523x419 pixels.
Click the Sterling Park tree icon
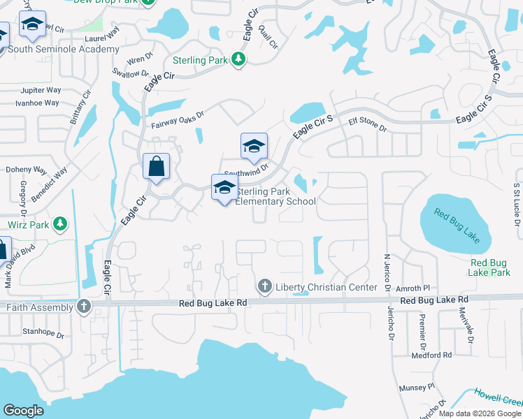pyautogui.click(x=239, y=59)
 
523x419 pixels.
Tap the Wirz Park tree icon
pyautogui.click(x=61, y=224)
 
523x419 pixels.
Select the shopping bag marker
pyautogui.click(x=156, y=168)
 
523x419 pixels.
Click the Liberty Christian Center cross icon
pyautogui.click(x=265, y=286)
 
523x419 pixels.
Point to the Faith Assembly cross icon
pyautogui.click(x=84, y=307)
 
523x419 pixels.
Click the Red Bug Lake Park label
pyautogui.click(x=489, y=267)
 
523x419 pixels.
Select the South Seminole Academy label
pyautogui.click(x=63, y=50)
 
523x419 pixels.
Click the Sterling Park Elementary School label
pyautogui.click(x=275, y=196)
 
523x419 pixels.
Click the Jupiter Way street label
pyautogui.click(x=41, y=90)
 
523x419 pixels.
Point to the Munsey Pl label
pyautogui.click(x=417, y=386)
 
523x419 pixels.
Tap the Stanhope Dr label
pyautogui.click(x=43, y=332)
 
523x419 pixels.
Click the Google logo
pyautogui.click(x=24, y=411)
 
